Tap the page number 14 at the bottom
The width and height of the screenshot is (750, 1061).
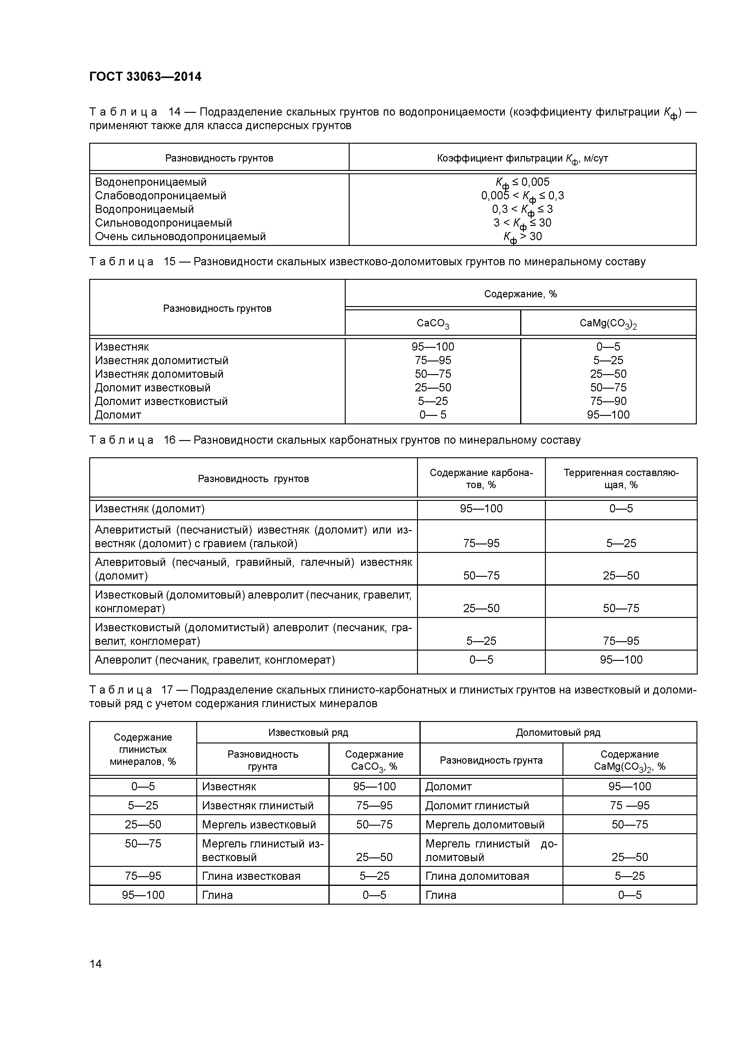96,964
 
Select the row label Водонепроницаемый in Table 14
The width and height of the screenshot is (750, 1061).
151,182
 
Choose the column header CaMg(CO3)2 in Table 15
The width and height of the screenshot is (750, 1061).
608,324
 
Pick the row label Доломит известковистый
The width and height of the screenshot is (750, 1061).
161,401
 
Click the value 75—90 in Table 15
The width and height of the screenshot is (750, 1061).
608,401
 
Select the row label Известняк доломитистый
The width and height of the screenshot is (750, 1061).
162,361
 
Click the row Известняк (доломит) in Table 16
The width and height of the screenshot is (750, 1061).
150,509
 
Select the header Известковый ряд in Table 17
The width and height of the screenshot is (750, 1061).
308,733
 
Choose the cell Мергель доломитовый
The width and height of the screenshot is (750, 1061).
485,824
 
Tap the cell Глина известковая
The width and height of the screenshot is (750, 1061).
251,876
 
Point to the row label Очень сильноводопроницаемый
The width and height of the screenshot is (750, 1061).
180,237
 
